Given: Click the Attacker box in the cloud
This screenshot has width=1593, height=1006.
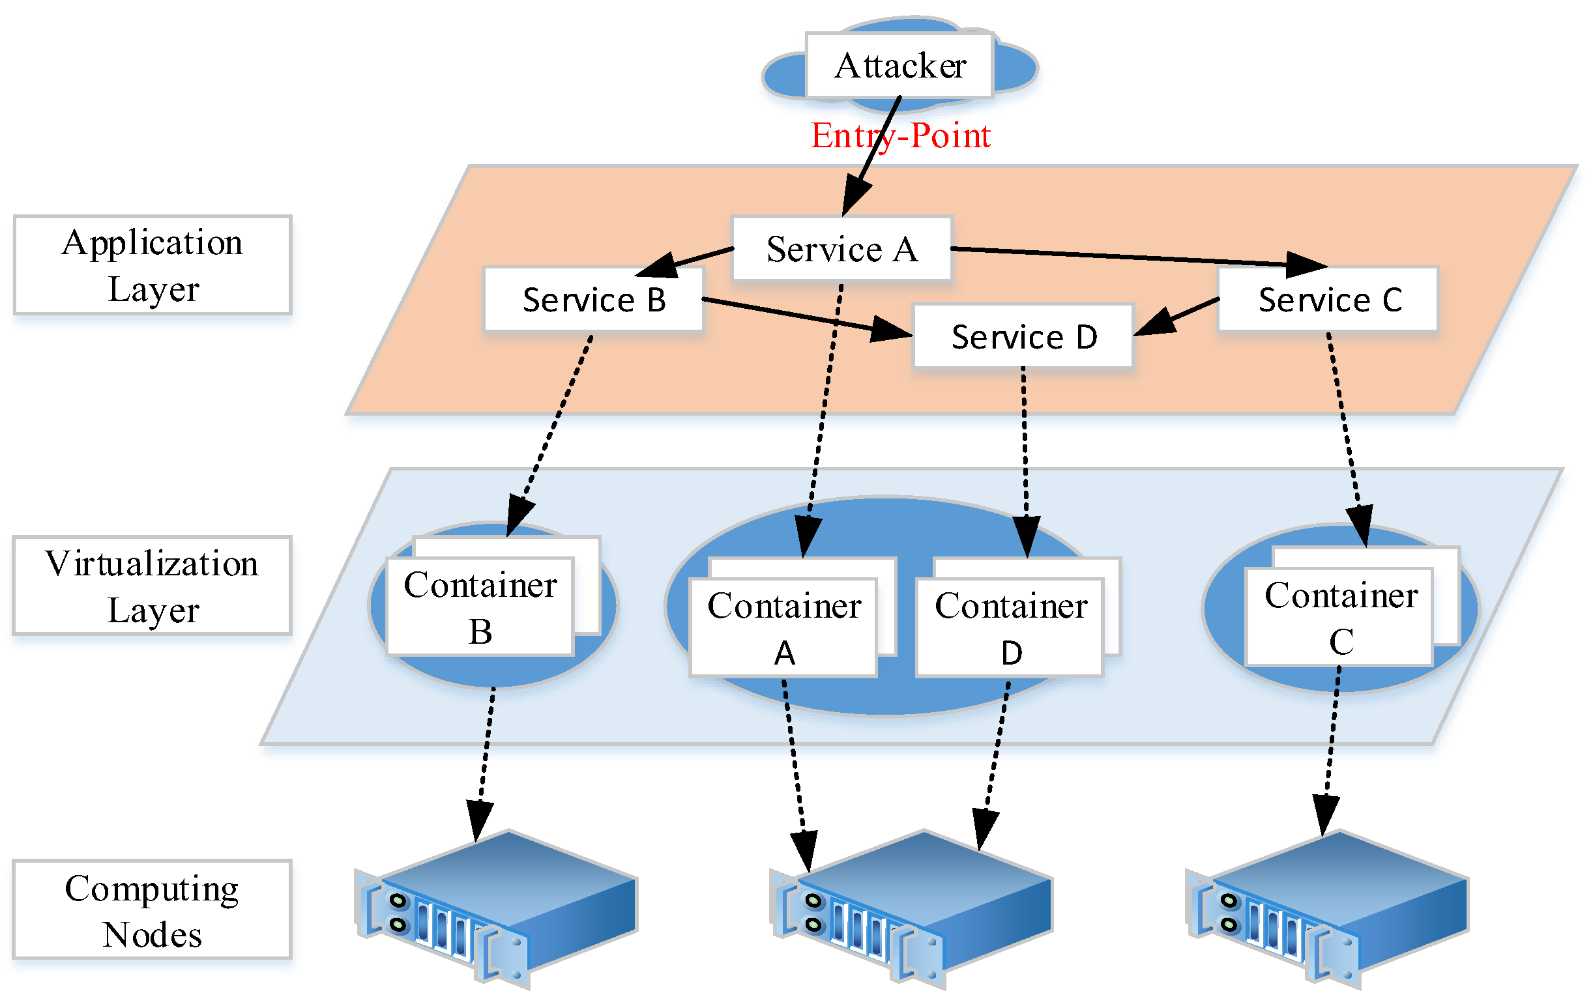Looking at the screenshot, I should coord(899,65).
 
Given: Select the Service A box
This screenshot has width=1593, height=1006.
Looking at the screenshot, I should coord(841,249).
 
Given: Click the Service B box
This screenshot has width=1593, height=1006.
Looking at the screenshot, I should coord(593,299).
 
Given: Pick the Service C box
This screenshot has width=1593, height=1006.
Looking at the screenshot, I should coord(1328,299).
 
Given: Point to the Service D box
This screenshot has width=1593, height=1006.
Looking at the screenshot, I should coord(1023,336).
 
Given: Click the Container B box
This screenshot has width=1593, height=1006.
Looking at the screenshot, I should coord(480,607).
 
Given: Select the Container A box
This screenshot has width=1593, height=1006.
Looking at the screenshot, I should coord(783,627).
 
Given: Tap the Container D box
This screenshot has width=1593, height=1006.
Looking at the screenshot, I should coord(1010,627).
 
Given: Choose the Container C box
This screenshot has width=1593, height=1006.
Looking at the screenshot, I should coord(1339,616).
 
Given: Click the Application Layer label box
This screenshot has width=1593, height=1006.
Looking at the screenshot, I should coord(152,265).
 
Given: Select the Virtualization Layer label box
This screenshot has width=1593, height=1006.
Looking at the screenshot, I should coord(152,585).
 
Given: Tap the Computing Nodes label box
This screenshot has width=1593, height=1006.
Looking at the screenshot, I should coord(152,910).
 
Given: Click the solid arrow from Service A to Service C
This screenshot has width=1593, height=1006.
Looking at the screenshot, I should coord(1124,257).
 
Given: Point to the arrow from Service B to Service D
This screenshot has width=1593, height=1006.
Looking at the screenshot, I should coord(794,315).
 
